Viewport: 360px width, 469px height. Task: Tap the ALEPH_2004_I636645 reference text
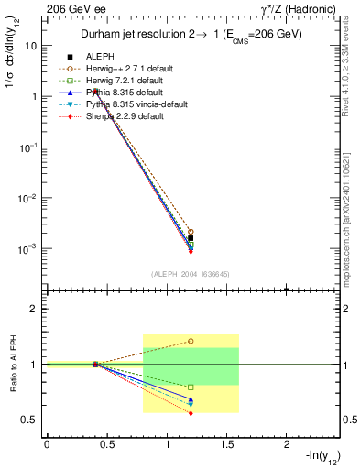[190, 274]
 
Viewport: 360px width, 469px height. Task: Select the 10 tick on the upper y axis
[34, 45]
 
